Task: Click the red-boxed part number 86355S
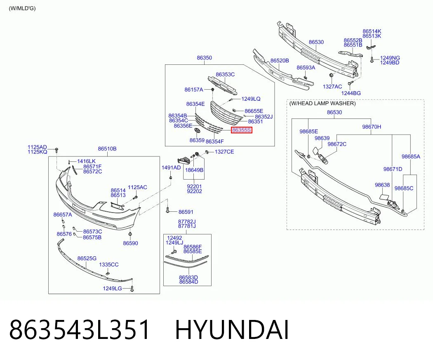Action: coord(242,130)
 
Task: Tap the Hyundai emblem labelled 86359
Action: coord(197,131)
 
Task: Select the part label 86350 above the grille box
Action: coord(205,58)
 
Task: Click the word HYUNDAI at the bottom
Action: coord(232,329)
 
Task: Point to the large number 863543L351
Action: coord(80,329)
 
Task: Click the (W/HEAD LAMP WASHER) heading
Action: coord(322,103)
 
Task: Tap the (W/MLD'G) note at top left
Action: coord(22,8)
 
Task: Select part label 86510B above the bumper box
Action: coord(107,149)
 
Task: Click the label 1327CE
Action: coord(224,152)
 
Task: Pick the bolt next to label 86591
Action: coord(167,210)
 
